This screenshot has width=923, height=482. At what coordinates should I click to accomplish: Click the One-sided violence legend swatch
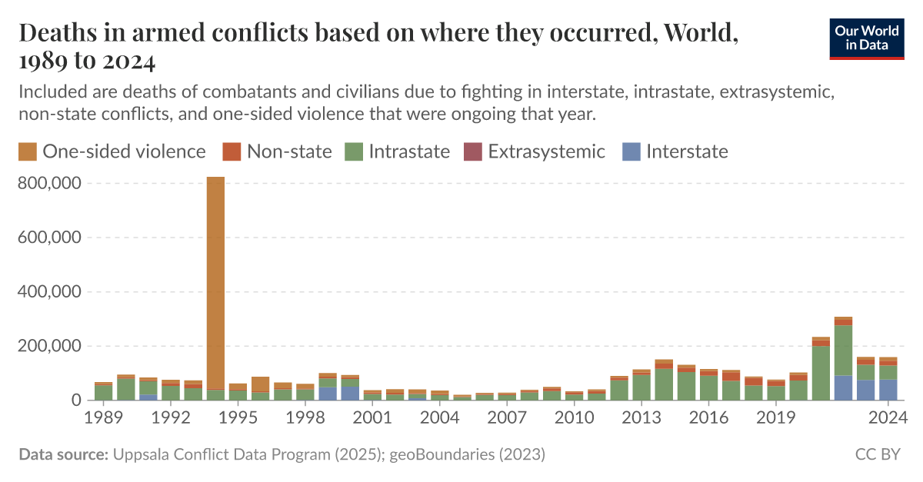pyautogui.click(x=27, y=151)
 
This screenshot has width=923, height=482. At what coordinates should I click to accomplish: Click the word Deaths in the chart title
pyautogui.click(x=56, y=34)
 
